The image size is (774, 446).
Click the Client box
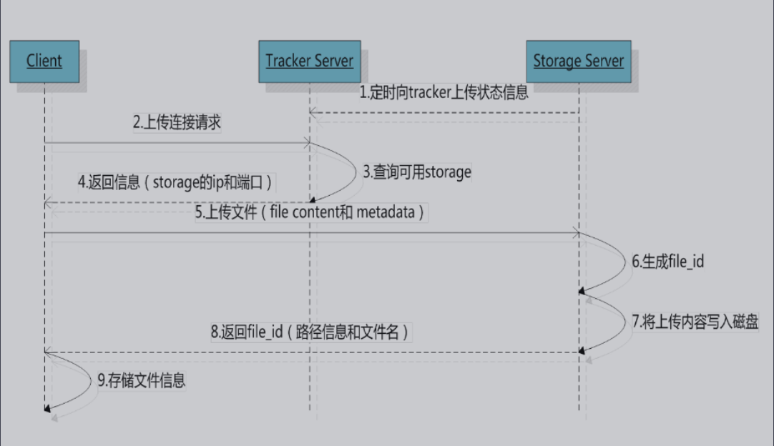coord(44,61)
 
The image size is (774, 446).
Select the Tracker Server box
coord(309,61)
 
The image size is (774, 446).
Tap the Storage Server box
coord(578,61)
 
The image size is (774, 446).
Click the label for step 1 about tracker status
coord(444,93)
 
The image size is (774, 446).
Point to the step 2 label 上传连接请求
coord(177,122)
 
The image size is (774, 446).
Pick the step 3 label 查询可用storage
coord(417,172)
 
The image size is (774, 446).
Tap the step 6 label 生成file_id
coord(667,262)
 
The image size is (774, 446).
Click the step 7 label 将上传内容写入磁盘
coord(695,321)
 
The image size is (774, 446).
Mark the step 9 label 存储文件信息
coord(142,381)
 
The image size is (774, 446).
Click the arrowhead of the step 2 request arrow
coord(305,142)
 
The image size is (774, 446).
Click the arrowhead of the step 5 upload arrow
coord(574,232)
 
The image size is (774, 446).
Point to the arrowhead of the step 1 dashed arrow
coord(313,112)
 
